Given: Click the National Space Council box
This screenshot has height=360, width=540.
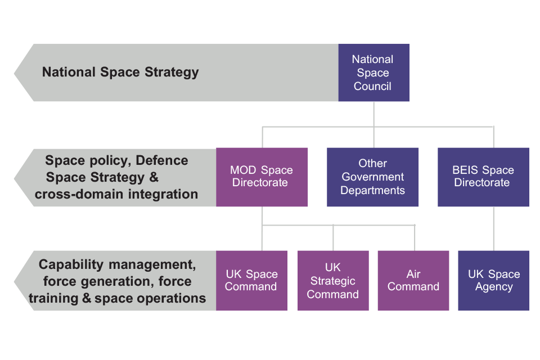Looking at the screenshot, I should click(373, 73).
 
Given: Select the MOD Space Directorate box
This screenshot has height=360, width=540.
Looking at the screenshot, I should click(262, 177).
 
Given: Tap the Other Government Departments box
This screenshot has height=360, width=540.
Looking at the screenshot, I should click(372, 177).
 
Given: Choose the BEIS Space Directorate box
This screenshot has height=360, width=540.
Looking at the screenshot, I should click(483, 177).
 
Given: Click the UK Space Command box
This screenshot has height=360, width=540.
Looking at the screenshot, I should click(251, 280).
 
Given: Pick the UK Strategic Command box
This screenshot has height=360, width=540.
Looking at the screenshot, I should click(333, 280).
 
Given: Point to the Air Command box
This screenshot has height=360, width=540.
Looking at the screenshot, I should click(413, 280).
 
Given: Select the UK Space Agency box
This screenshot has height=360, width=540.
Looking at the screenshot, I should click(494, 280).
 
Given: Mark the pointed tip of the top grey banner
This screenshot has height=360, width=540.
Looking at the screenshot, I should click(15, 73).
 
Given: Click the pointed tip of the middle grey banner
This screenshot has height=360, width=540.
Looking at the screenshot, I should click(15, 177).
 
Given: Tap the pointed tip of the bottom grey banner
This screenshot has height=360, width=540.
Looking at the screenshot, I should click(15, 281).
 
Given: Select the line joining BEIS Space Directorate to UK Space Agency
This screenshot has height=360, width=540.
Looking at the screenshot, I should click(494, 228).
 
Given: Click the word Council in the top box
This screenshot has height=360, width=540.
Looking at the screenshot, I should click(372, 87).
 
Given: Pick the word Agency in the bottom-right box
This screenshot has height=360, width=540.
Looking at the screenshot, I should click(494, 287).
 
